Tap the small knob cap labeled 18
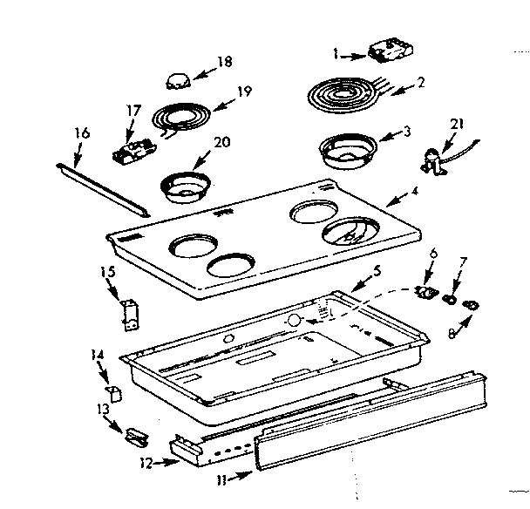177,81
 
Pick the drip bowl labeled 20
184,185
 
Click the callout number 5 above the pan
375,268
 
